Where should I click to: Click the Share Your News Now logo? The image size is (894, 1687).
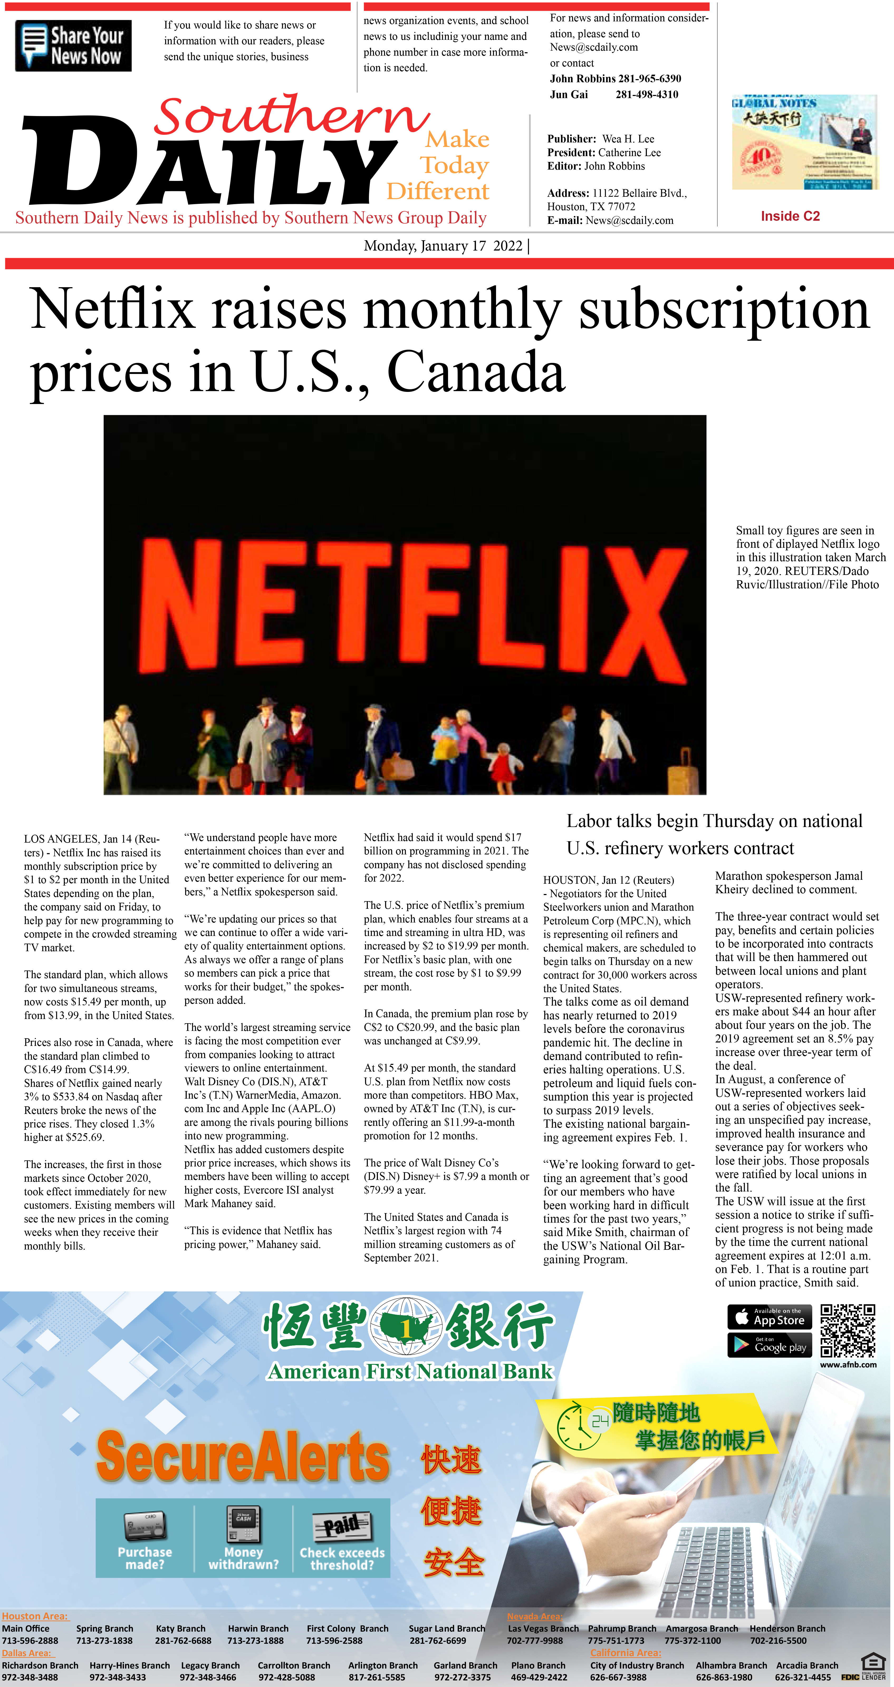tap(73, 46)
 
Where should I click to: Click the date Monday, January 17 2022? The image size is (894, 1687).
tap(443, 246)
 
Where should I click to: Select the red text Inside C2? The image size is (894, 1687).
tap(790, 216)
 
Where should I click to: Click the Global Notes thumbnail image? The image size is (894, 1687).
tap(804, 142)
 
